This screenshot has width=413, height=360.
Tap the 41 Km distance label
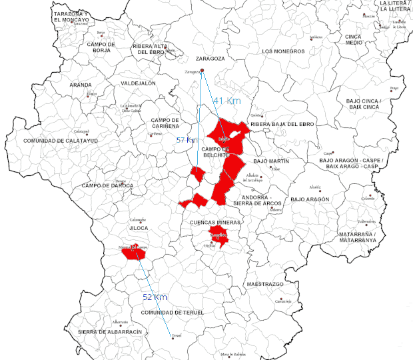click(226, 100)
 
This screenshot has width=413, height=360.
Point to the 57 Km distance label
click(187, 140)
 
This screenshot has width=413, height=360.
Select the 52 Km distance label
click(155, 297)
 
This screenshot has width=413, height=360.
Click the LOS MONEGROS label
click(283, 51)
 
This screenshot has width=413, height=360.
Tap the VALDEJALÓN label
click(138, 83)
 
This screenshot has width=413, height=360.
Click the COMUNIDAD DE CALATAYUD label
click(61, 141)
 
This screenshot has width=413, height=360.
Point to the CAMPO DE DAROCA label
click(107, 185)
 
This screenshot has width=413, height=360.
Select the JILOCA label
click(139, 228)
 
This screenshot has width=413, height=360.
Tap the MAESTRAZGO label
click(265, 284)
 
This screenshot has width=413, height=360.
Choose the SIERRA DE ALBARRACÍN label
click(110, 331)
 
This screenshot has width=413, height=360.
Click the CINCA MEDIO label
click(354, 39)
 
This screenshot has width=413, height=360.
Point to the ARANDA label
click(81, 85)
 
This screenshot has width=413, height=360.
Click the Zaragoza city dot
click(203, 71)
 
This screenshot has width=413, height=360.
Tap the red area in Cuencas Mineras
click(218, 235)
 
